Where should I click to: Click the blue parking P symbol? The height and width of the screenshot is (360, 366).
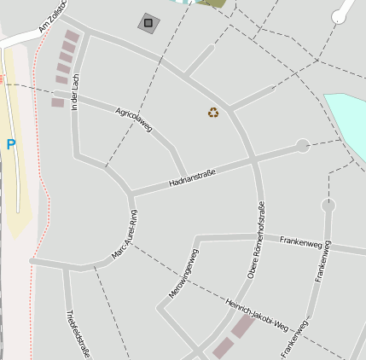[11, 145]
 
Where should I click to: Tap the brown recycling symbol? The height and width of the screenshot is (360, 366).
[213, 112]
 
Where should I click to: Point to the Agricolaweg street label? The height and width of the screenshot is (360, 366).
[134, 119]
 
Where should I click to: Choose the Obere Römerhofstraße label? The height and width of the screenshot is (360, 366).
[258, 239]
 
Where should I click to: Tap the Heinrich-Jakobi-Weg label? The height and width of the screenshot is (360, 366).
[258, 314]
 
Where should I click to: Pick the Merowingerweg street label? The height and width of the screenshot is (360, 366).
[184, 273]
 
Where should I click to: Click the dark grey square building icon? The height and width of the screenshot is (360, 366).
[148, 23]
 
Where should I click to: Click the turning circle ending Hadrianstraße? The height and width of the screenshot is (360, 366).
[302, 146]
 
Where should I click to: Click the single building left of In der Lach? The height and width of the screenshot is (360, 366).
[58, 102]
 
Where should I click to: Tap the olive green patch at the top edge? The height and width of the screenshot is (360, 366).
[213, 3]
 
